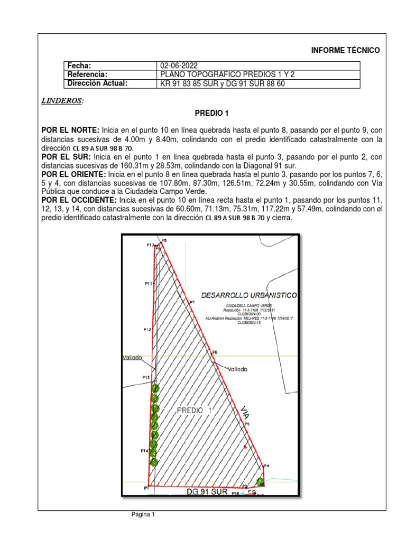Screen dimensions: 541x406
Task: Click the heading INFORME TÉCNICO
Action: pyautogui.click(x=345, y=50)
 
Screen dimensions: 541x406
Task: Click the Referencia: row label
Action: pyautogui.click(x=88, y=74)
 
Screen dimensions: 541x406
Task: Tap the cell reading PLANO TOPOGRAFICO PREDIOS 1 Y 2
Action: pyautogui.click(x=227, y=74)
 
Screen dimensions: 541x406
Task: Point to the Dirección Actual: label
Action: pyautogui.click(x=98, y=83)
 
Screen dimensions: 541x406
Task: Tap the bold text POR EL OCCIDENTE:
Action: pyautogui.click(x=79, y=201)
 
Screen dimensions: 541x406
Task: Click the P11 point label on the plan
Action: pyautogui.click(x=149, y=284)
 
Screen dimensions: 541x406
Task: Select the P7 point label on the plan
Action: pyautogui.click(x=192, y=302)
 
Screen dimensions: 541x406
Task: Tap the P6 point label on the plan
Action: pyautogui.click(x=214, y=352)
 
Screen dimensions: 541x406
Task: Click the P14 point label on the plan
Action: pyautogui.click(x=144, y=451)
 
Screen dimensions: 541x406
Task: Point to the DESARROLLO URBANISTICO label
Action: pyautogui.click(x=249, y=295)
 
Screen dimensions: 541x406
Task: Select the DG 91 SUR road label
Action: pyautogui.click(x=207, y=491)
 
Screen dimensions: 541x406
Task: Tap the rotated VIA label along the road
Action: pyautogui.click(x=245, y=413)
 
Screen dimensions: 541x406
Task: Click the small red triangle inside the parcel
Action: pyautogui.click(x=245, y=447)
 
